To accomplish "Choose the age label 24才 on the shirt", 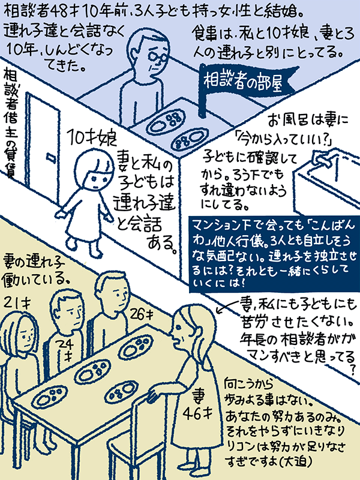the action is (x=67, y=350).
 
